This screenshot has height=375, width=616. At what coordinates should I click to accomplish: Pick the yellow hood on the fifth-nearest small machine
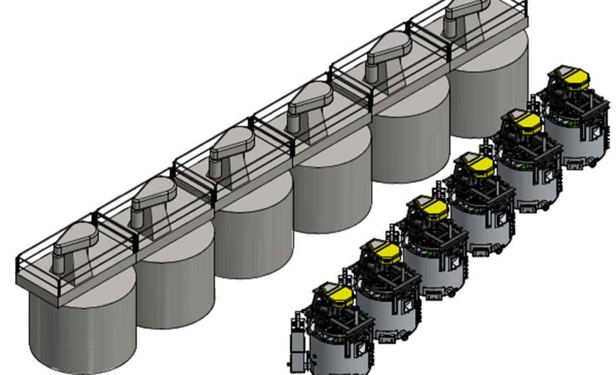point(521,122)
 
